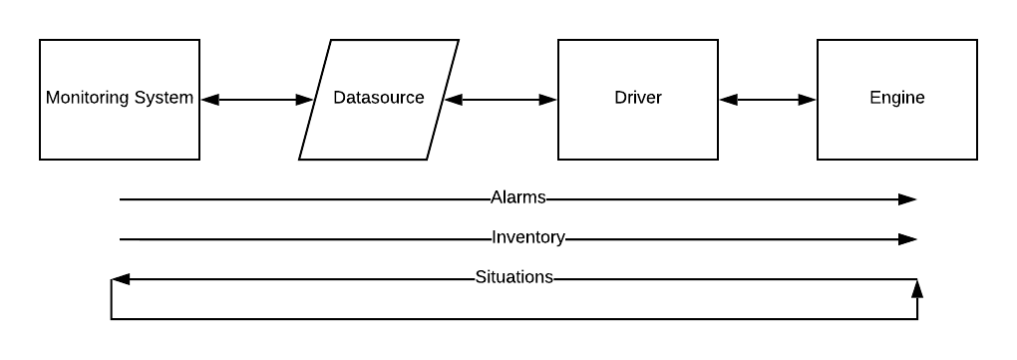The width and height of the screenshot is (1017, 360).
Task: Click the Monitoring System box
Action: click(x=120, y=130)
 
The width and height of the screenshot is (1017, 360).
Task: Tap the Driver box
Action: click(x=638, y=130)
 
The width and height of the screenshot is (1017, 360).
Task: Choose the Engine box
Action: click(x=897, y=130)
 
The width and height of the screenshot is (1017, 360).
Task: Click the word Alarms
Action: click(x=518, y=197)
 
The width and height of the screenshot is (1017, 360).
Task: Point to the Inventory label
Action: click(x=528, y=237)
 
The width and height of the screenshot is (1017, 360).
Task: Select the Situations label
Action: click(x=513, y=277)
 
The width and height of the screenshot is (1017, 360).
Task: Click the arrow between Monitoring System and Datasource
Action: click(x=257, y=100)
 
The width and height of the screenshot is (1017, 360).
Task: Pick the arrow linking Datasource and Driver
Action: click(x=501, y=100)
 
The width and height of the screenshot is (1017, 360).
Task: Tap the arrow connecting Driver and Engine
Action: click(x=768, y=100)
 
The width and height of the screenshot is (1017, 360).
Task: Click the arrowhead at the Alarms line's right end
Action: click(x=907, y=199)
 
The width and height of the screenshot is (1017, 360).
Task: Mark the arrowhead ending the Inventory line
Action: click(x=907, y=239)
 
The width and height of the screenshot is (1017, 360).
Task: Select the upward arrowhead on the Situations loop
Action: click(x=917, y=289)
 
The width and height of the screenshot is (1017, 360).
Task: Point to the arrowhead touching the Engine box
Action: click(x=808, y=100)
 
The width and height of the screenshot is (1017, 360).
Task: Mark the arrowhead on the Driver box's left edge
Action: click(x=548, y=100)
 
